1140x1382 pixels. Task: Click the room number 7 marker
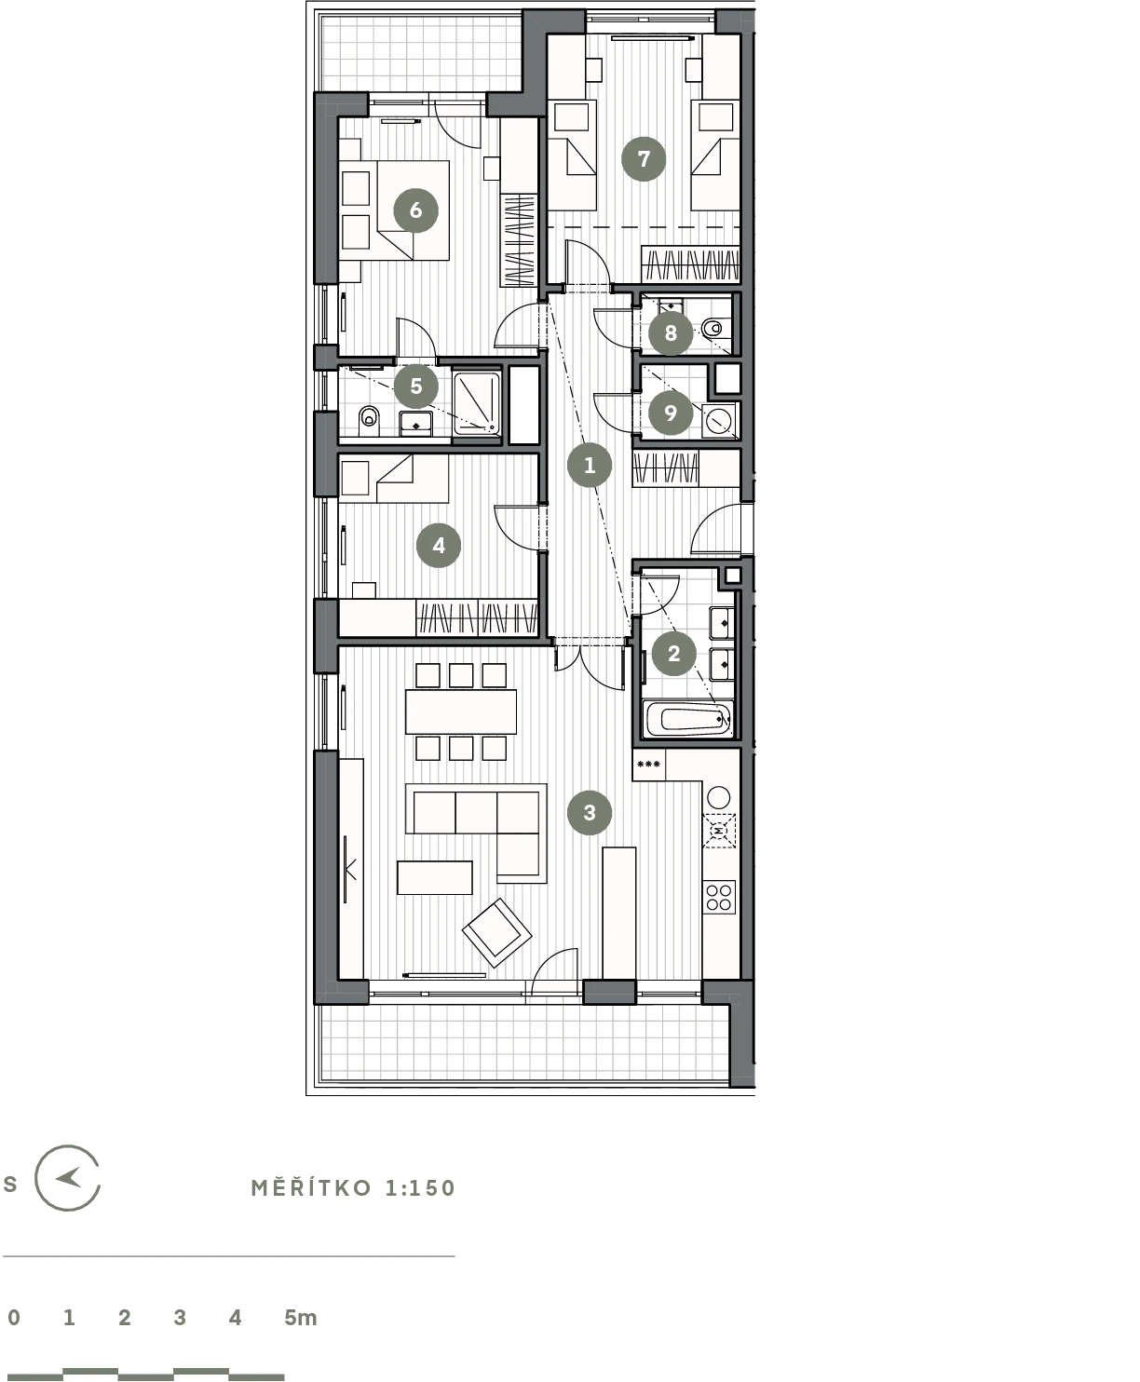[644, 159]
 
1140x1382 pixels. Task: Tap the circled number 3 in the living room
[590, 812]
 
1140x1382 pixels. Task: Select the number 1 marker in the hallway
[590, 465]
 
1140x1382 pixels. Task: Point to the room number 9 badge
[670, 413]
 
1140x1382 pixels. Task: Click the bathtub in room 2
[688, 719]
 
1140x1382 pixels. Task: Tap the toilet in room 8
[712, 327]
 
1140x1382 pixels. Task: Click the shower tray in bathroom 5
[477, 404]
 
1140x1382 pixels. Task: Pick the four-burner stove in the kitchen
[719, 897]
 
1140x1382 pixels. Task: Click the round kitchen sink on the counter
[719, 796]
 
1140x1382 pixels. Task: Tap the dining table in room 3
[461, 711]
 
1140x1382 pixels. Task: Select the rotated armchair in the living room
[496, 932]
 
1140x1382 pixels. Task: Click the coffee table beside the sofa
[435, 877]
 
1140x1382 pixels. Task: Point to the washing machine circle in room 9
[719, 419]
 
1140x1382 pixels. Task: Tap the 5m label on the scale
[301, 1317]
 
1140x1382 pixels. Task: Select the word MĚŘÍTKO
[311, 1188]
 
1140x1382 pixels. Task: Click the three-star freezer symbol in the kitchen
[648, 765]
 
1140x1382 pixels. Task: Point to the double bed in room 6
[396, 210]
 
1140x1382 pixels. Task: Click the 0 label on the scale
[14, 1317]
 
